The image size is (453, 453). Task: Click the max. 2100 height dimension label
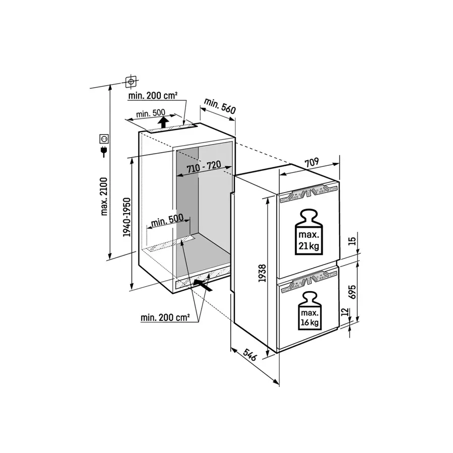[104, 197]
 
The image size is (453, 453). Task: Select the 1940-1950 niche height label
[127, 217]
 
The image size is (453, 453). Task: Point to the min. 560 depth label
[220, 106]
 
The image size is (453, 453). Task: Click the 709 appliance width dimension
[312, 163]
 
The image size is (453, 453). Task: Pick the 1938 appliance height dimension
[263, 273]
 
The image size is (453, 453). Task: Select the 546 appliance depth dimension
[249, 354]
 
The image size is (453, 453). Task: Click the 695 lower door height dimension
[352, 292]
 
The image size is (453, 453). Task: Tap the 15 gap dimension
[352, 241]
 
